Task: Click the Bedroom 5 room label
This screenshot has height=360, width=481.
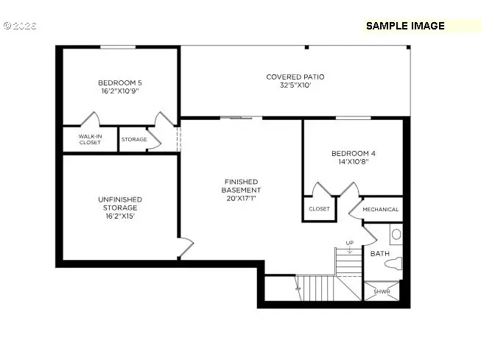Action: tap(119, 83)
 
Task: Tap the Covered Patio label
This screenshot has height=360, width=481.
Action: tap(295, 77)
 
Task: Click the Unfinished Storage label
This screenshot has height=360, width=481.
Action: tap(119, 200)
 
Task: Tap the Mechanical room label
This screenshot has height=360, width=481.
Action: tap(381, 209)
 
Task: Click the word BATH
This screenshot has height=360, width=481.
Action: tap(379, 253)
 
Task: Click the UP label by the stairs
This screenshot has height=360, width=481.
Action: tap(349, 243)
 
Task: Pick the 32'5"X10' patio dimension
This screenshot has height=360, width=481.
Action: tap(295, 86)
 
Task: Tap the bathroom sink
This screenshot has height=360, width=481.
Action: tap(396, 235)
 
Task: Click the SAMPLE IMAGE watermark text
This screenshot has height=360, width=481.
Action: tap(405, 26)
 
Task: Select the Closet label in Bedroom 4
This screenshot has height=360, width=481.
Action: tap(319, 209)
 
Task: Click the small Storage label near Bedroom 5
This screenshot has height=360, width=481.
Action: tap(134, 139)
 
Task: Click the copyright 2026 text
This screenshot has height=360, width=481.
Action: tap(22, 25)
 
